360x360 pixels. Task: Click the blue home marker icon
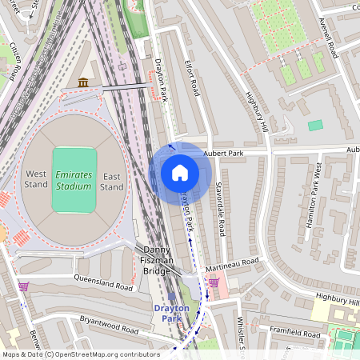point(180,173)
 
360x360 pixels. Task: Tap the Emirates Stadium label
point(74,180)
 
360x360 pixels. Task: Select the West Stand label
point(36,180)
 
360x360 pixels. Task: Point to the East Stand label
point(112,180)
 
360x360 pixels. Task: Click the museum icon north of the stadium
point(83,82)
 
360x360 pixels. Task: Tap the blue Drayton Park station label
point(170,313)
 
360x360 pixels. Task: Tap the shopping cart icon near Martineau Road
point(214,282)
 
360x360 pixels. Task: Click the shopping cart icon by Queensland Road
point(23,286)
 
